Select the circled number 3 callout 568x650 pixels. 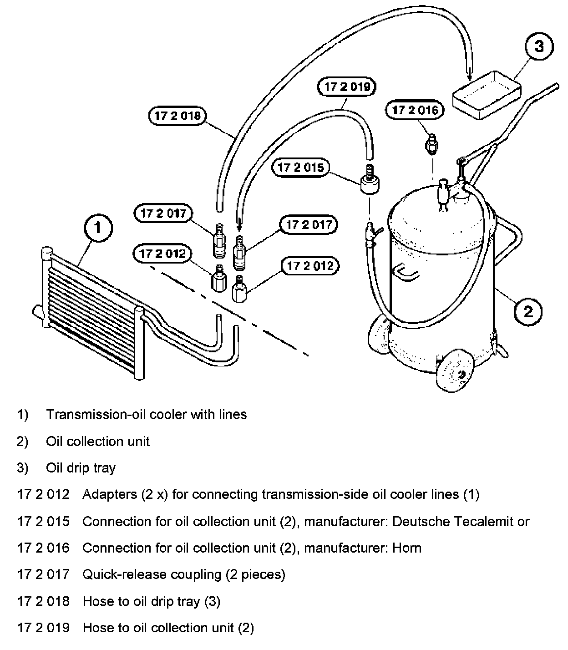pos(539,46)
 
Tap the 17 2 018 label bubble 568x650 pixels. pos(177,116)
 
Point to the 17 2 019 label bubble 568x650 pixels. pos(347,87)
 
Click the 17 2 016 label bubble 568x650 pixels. pos(415,110)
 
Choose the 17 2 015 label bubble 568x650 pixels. pos(301,168)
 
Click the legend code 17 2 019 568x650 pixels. pos(43,628)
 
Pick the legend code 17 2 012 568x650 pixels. pos(43,494)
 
